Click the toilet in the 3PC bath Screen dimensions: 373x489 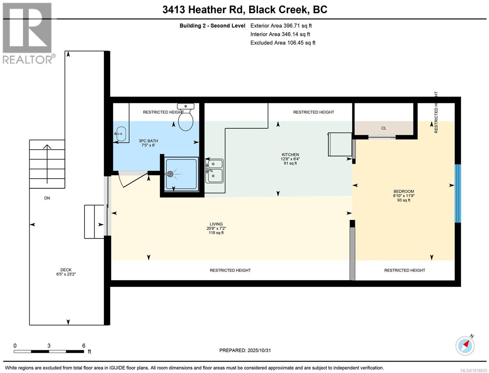[185, 120]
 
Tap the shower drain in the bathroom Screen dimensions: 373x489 [170, 174]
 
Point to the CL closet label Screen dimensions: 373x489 [384, 128]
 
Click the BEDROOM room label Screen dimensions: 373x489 [404, 191]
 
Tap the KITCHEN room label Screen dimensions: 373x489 [290, 154]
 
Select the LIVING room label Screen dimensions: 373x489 [216, 224]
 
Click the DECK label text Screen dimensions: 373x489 [66, 270]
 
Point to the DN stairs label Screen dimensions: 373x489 [47, 198]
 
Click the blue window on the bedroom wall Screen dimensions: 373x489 [458, 193]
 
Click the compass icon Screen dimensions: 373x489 [465, 345]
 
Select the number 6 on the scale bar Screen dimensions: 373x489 [84, 345]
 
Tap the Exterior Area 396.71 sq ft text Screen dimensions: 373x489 [281, 26]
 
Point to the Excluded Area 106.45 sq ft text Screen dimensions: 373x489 [283, 43]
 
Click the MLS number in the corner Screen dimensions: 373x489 [473, 370]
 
